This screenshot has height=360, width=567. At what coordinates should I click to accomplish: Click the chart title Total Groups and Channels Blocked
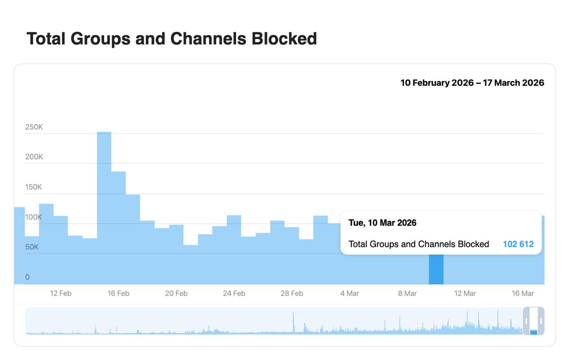coord(171,39)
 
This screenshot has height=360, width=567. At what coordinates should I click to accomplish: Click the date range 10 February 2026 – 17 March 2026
coord(472,83)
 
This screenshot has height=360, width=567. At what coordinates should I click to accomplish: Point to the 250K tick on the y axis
coord(34,127)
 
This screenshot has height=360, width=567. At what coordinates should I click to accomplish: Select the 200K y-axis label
coord(34,157)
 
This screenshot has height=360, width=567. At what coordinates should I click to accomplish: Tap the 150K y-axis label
coord(34,187)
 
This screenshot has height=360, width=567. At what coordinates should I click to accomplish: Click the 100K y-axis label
coord(34,217)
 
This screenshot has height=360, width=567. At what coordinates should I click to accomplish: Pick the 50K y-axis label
coord(32,247)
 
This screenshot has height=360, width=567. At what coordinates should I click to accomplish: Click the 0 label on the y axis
coord(27,277)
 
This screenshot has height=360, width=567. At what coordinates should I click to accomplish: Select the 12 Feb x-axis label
coord(61,293)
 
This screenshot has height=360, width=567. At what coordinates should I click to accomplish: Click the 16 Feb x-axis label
coord(118,293)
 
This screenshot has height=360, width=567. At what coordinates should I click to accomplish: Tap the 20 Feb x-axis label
coord(176,293)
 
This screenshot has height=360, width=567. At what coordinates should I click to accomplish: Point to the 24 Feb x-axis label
coord(234,293)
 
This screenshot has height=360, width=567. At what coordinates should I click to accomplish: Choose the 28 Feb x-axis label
coord(292,293)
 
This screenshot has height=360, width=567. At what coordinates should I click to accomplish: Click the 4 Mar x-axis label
coord(350,293)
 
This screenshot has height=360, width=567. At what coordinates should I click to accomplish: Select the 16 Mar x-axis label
coord(523,293)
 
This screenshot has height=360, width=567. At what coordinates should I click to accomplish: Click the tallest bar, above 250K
coord(104,208)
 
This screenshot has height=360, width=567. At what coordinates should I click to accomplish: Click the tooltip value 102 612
coord(518,244)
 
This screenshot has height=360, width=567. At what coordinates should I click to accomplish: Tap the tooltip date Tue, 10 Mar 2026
coord(382,223)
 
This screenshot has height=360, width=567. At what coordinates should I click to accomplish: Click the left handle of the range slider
coord(526,321)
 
